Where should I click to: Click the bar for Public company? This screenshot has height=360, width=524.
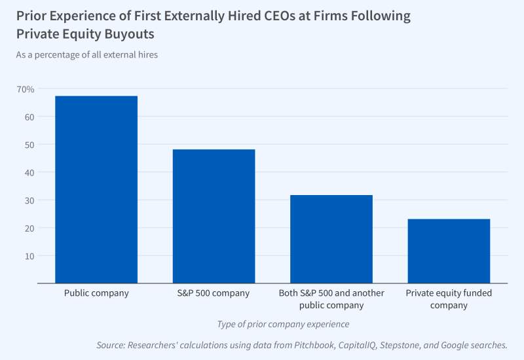(x=96, y=190)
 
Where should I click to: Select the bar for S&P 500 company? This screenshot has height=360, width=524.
(x=214, y=216)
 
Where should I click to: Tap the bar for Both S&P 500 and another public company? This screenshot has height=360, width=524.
(x=331, y=239)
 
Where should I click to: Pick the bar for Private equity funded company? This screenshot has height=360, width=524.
(x=449, y=251)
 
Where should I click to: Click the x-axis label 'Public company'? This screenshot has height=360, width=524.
(x=96, y=293)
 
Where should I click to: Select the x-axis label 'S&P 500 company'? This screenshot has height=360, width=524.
(x=214, y=293)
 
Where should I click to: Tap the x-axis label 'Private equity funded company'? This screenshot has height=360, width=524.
(x=449, y=299)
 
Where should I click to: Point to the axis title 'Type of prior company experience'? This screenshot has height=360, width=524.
(x=283, y=324)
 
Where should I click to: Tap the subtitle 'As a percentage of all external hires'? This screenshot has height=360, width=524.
(x=86, y=55)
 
